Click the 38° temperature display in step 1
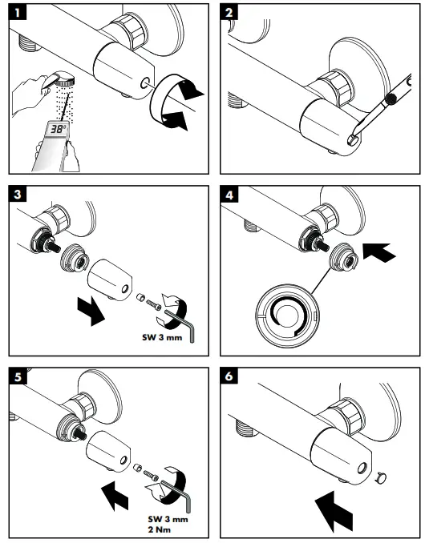pos(57,128)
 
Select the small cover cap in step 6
pos(381,478)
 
